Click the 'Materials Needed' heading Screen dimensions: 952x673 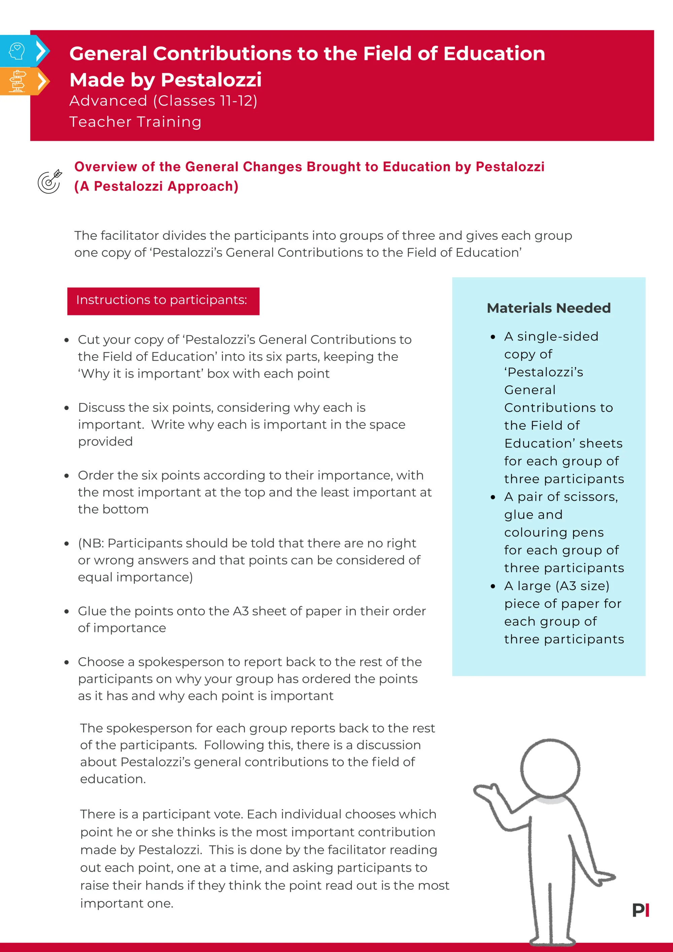(x=548, y=308)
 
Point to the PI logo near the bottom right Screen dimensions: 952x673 (x=640, y=910)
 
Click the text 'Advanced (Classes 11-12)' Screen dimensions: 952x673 (x=163, y=101)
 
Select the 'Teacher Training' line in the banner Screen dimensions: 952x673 (x=135, y=121)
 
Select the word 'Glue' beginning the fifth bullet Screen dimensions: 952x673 (x=92, y=611)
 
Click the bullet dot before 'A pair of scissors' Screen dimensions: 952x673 (x=493, y=497)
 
